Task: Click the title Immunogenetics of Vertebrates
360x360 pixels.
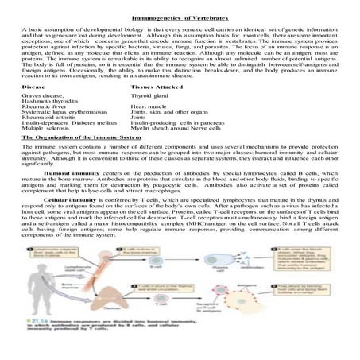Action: [x=180, y=8]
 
